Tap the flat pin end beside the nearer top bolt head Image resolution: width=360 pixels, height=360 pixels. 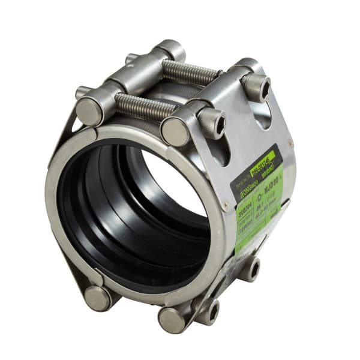pyautogui.click(x=175, y=131)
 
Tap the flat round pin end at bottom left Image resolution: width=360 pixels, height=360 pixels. pyautogui.click(x=97, y=298)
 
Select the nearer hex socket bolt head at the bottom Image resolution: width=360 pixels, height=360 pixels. pyautogui.click(x=211, y=310)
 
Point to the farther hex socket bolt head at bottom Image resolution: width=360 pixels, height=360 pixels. pyautogui.click(x=251, y=268)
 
